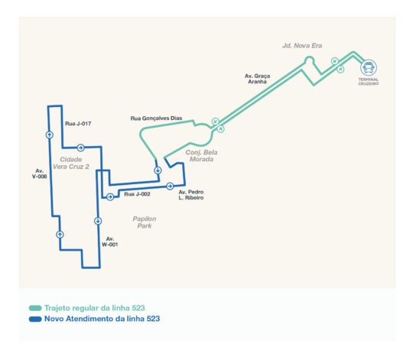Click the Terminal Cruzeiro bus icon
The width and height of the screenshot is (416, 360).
tap(369, 67)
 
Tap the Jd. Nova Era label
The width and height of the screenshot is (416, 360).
tap(302, 46)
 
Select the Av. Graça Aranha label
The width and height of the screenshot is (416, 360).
tap(258, 79)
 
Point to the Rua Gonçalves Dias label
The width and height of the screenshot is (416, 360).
tap(156, 118)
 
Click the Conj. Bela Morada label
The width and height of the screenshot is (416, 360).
tap(201, 156)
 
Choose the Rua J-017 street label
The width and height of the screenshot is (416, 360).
tap(78, 124)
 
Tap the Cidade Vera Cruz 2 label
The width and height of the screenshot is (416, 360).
tap(71, 163)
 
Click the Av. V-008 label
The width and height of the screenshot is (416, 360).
tap(40, 174)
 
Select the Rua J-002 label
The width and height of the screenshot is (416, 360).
tap(137, 194)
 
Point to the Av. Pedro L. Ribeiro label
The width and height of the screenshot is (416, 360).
tap(191, 195)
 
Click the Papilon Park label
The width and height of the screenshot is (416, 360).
tap(145, 222)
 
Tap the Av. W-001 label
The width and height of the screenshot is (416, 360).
tap(110, 242)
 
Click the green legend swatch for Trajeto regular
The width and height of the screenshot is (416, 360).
tap(35, 308)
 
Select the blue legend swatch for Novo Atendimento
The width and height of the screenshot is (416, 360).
tap(35, 319)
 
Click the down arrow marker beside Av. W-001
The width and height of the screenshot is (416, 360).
tap(98, 221)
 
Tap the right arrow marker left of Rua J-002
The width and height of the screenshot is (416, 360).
tap(110, 196)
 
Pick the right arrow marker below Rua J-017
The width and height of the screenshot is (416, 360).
tap(80, 148)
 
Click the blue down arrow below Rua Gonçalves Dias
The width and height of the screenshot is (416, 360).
tap(158, 170)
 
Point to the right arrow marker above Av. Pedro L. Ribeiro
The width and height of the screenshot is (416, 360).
tap(170, 186)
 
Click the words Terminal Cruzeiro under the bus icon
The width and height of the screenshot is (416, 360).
tap(369, 81)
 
